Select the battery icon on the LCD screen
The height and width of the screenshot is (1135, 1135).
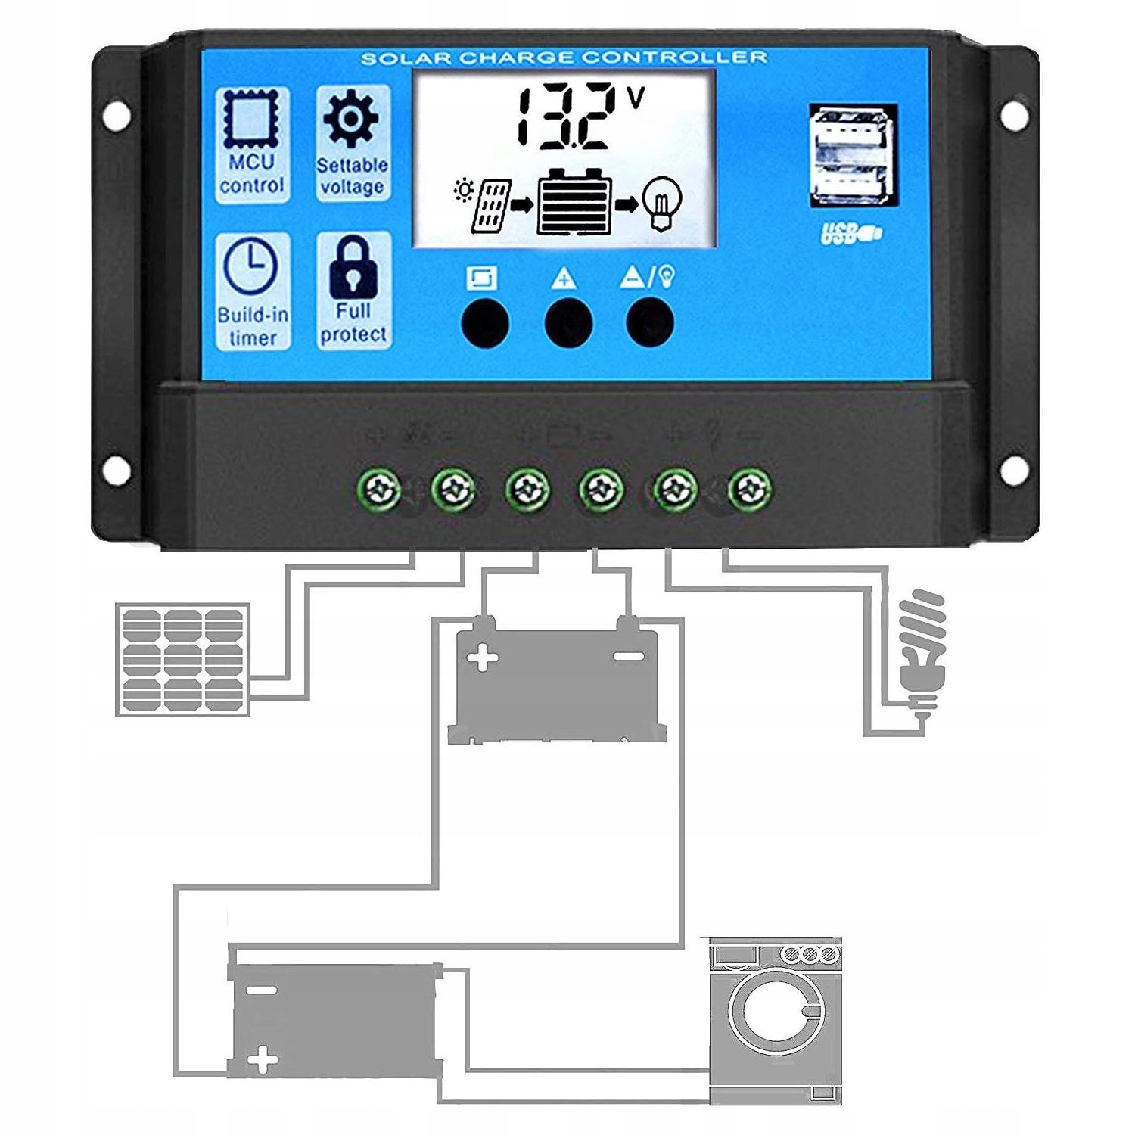coord(574,202)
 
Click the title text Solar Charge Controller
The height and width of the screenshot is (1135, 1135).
coord(564,58)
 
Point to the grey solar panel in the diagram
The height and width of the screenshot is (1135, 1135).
coord(182,660)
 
